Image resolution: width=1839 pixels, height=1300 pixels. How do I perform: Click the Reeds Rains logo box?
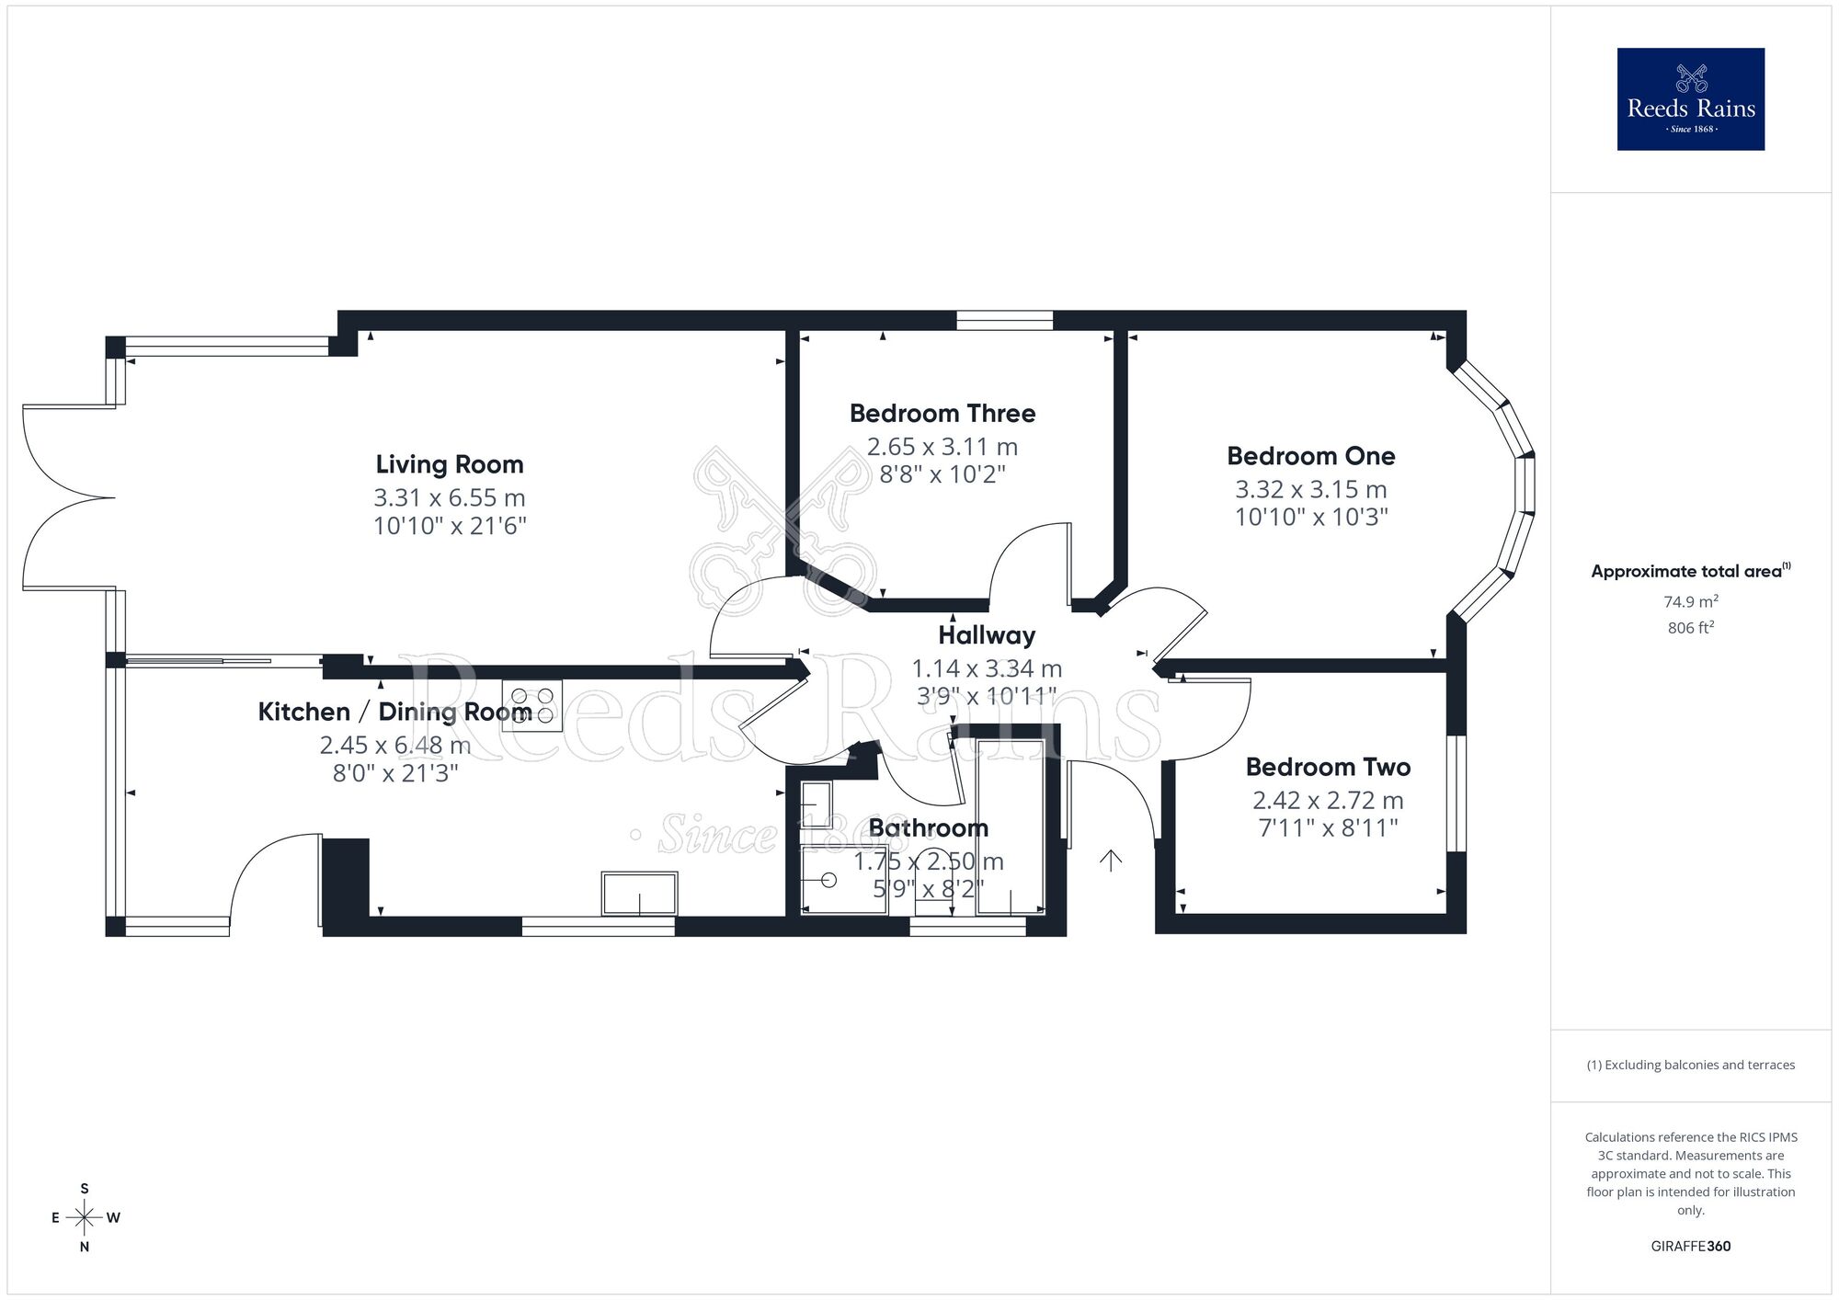pyautogui.click(x=1690, y=99)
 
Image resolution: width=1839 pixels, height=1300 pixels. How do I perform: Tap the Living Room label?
pyautogui.click(x=450, y=464)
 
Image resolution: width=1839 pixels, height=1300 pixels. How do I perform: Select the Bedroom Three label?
pyautogui.click(x=942, y=414)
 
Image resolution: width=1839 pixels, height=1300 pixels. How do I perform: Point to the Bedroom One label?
pyautogui.click(x=1310, y=456)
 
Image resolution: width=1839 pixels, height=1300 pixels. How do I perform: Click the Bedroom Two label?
pyautogui.click(x=1328, y=767)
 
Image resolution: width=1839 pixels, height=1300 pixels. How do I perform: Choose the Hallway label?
pyautogui.click(x=987, y=635)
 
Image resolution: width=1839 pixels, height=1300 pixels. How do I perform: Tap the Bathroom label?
pyautogui.click(x=928, y=827)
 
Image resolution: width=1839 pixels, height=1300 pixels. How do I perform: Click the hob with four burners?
pyautogui.click(x=532, y=705)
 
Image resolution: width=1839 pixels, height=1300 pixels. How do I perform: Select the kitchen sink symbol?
pyautogui.click(x=639, y=894)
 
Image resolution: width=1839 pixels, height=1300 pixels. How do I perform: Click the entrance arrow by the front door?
pyautogui.click(x=1111, y=861)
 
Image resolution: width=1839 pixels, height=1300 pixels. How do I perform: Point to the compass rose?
pyautogui.click(x=85, y=1218)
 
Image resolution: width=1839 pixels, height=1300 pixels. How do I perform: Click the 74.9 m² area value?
pyautogui.click(x=1690, y=602)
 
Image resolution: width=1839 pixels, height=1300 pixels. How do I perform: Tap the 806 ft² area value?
pyautogui.click(x=1690, y=628)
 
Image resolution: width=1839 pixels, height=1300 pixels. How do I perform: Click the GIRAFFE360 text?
pyautogui.click(x=1690, y=1246)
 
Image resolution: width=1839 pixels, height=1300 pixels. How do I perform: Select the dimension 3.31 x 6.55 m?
pyautogui.click(x=449, y=497)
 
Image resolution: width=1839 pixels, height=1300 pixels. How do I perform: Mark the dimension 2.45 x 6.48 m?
pyautogui.click(x=395, y=745)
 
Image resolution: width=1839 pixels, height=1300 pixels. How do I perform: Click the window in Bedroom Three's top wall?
pyautogui.click(x=1004, y=320)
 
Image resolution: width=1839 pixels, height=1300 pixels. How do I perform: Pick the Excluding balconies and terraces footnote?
pyautogui.click(x=1690, y=1065)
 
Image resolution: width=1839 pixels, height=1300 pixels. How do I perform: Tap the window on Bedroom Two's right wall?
pyautogui.click(x=1456, y=793)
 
